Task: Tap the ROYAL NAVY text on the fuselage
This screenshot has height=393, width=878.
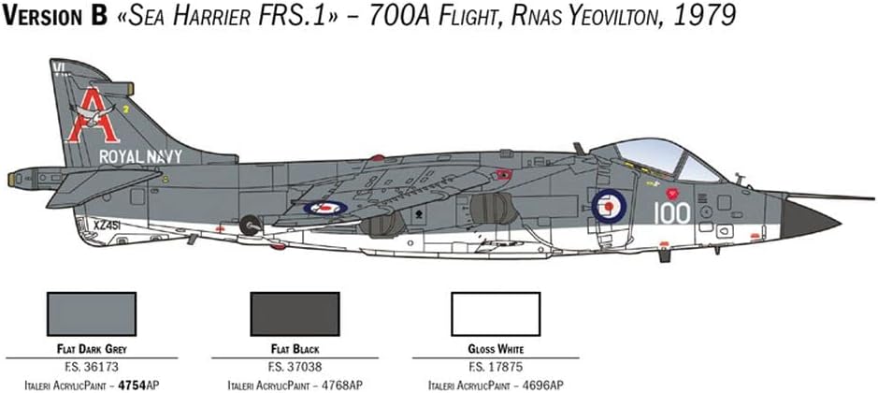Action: (140, 157)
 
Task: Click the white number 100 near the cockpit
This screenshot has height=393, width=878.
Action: (671, 213)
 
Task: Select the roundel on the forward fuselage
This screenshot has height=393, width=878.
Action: (610, 206)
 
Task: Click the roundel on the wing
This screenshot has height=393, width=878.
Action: (325, 208)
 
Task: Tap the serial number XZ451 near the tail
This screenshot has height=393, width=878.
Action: (108, 225)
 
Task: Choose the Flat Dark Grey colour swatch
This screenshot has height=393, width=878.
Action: (92, 314)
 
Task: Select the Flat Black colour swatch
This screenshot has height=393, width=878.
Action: (295, 314)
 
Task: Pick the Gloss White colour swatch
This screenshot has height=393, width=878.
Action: (496, 314)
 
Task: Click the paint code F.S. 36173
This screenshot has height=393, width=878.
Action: (92, 368)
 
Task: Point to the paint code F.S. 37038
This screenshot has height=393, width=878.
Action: (295, 368)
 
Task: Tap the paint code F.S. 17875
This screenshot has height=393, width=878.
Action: (496, 368)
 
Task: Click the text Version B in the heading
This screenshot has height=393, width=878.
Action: (54, 16)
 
